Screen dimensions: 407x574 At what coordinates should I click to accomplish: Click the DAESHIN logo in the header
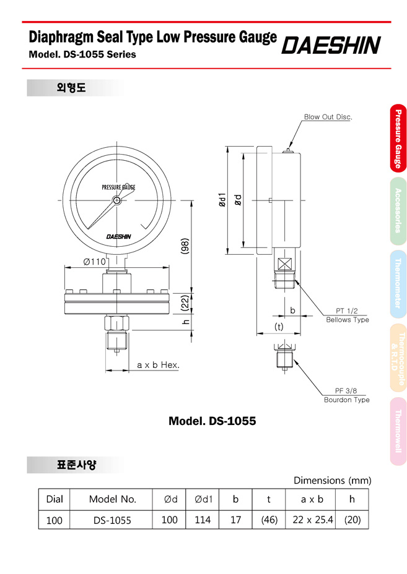pos(331,45)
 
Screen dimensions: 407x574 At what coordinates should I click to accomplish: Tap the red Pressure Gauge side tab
pos(398,139)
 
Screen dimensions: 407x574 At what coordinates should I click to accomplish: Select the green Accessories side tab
pos(398,211)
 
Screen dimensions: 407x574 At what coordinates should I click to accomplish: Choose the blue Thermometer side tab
pos(398,284)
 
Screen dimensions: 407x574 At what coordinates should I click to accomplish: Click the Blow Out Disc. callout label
pos(328,117)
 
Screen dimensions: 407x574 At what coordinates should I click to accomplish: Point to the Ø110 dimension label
pos(95,262)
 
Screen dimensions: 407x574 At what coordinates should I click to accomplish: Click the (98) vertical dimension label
pos(185,246)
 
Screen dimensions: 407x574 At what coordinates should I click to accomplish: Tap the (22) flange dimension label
pos(185,302)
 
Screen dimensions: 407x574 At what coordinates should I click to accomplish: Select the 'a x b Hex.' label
pos(158,365)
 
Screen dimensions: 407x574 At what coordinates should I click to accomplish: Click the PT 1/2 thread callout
pos(346,311)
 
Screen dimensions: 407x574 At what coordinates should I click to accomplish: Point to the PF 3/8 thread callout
pos(346,390)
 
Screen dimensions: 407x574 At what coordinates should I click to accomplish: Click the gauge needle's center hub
pos(116,200)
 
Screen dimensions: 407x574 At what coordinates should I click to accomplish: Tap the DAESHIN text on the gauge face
pos(119,236)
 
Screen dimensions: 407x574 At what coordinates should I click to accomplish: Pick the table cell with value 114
pos(203,520)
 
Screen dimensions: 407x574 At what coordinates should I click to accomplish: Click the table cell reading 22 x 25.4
pos(313,520)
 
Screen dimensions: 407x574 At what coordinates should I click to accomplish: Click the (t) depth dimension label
pos(279,327)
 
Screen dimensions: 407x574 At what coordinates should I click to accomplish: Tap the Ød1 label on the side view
pos(222,200)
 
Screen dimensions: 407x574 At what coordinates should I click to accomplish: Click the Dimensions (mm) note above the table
pos(333,480)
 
